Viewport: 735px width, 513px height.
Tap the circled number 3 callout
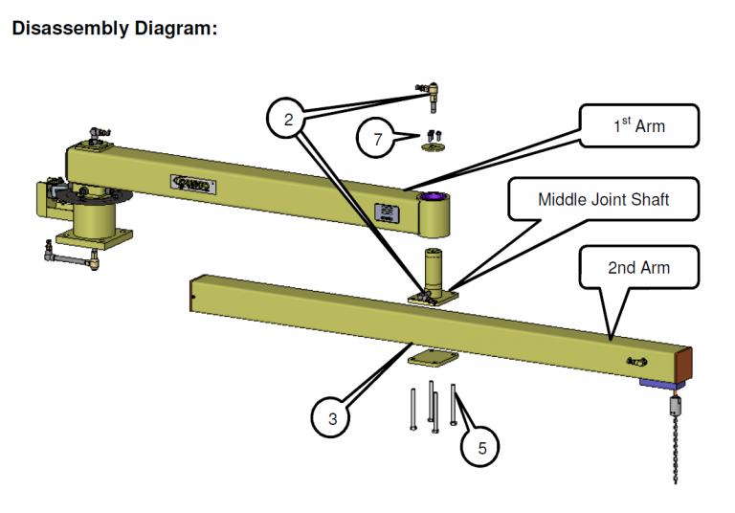point(332,418)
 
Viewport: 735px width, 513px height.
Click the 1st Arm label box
point(638,125)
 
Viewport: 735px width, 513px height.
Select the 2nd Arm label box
point(638,267)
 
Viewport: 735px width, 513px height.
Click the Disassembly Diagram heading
point(115,28)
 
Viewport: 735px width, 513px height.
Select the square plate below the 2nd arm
point(430,360)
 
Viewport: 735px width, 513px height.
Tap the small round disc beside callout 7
point(434,147)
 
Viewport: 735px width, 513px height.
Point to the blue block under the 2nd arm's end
point(659,384)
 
